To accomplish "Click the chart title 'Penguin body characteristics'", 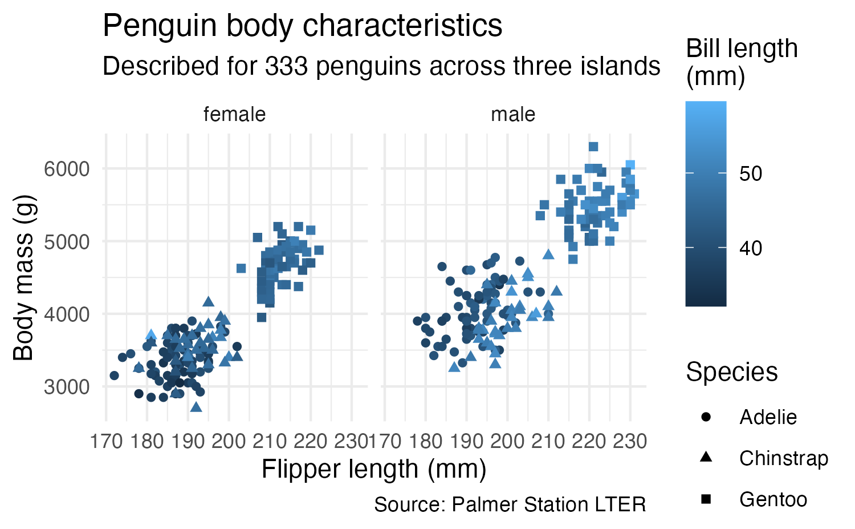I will coord(302,26).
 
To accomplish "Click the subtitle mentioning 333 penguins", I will coord(381,66).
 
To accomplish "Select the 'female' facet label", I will coord(234,115).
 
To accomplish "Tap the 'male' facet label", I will coord(513,115).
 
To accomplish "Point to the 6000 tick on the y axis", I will coord(66,169).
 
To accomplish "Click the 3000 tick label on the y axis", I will coord(66,387).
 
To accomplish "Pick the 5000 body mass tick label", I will coord(66,241).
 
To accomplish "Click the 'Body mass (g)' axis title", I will coord(24,278).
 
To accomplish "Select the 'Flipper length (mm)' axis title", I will coord(374,469).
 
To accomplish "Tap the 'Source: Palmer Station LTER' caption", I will coord(510,504).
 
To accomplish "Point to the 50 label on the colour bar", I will coord(750,173).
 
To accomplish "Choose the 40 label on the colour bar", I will coord(750,248).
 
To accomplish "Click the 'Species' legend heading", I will coord(731,372).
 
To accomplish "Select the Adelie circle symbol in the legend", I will coord(706,417).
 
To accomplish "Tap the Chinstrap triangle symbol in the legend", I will coord(706,457).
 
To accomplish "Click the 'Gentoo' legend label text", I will coord(773,499).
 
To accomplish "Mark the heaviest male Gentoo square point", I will coord(593,147).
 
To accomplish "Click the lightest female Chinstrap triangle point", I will coord(196,407).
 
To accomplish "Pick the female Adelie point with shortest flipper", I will coord(114,375).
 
